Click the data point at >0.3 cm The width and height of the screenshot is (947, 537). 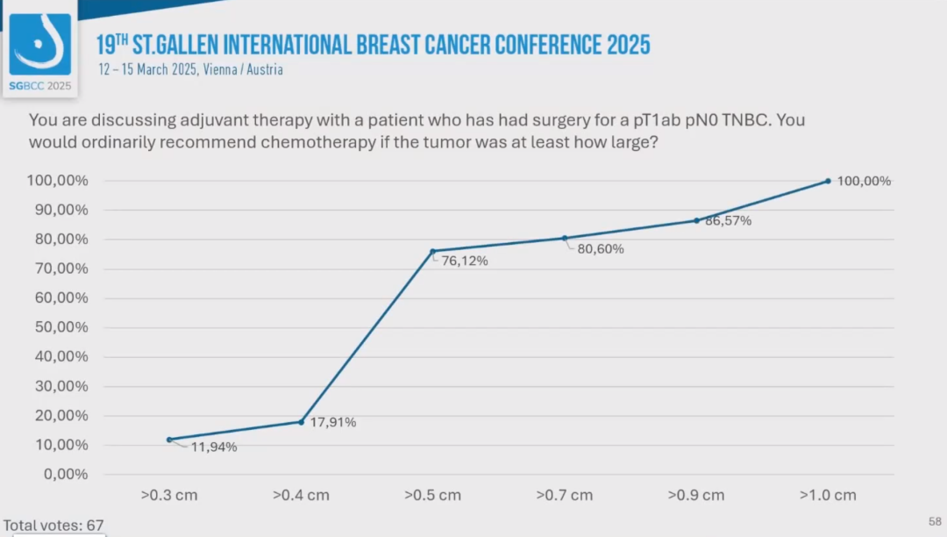pyautogui.click(x=168, y=440)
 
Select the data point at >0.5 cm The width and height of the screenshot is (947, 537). pyautogui.click(x=432, y=251)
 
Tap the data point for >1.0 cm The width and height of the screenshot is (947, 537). pyautogui.click(x=828, y=181)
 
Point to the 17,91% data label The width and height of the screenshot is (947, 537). pyautogui.click(x=332, y=422)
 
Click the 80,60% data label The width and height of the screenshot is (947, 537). pyautogui.click(x=601, y=249)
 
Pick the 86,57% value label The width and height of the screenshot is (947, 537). pyautogui.click(x=728, y=221)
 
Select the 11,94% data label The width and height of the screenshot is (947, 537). pyautogui.click(x=213, y=447)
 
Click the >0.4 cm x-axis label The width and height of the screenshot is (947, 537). pyautogui.click(x=301, y=495)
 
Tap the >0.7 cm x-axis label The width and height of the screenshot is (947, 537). pyautogui.click(x=565, y=495)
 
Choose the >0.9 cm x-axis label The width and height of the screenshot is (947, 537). pyautogui.click(x=696, y=495)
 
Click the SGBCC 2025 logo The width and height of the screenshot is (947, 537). pyautogui.click(x=40, y=48)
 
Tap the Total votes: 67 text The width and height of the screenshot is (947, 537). pyautogui.click(x=53, y=526)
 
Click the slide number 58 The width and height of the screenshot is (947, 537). pyautogui.click(x=935, y=522)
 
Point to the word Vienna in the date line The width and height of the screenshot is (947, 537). pyautogui.click(x=219, y=69)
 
